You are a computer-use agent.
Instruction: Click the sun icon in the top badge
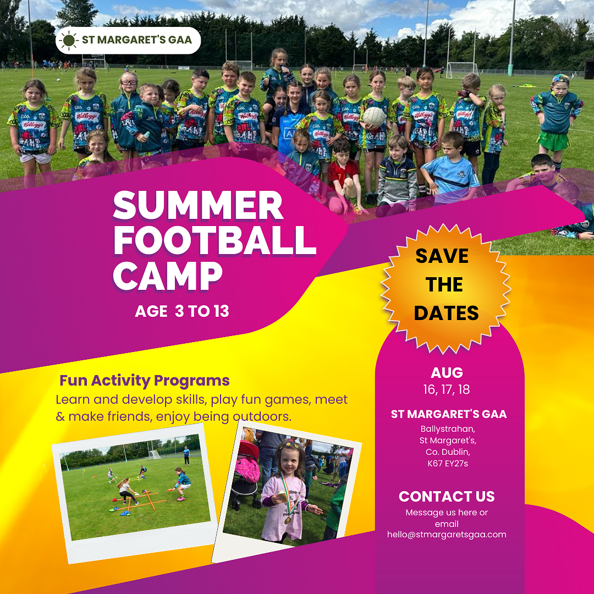point(69,40)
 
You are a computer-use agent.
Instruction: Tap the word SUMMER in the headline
point(198,205)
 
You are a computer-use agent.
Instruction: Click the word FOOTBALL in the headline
point(215,240)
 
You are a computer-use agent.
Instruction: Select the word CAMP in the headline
point(167,276)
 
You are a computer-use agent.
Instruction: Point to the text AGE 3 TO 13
point(182,311)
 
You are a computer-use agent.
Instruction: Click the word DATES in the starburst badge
point(446,313)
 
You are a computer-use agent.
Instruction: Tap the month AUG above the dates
point(447,373)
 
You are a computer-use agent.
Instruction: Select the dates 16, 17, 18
point(447,389)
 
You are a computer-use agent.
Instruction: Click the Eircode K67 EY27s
point(448,463)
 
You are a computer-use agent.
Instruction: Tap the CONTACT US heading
point(447,496)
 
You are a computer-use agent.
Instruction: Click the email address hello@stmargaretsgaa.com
point(447,535)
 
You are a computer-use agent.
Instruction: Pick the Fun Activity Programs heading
point(144,381)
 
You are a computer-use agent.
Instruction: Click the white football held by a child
point(375,117)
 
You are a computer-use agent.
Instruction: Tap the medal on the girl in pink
point(288,519)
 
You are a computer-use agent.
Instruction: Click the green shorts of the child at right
point(553,141)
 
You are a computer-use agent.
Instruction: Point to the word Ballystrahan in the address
point(448,429)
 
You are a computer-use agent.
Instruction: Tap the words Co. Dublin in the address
point(448,452)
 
